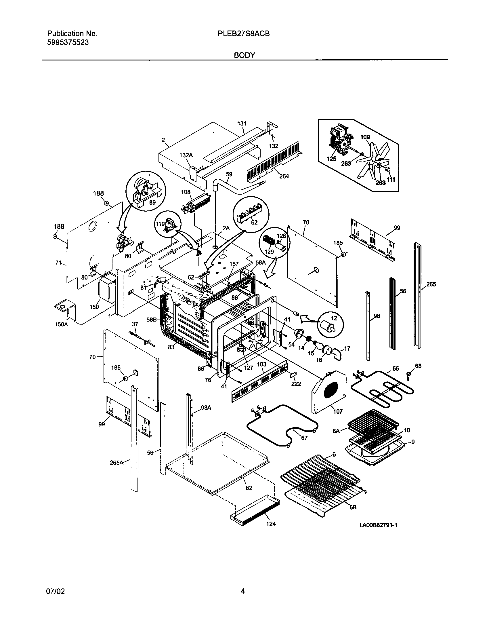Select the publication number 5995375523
tap(68, 43)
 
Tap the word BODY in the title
tap(244, 55)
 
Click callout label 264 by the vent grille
tap(284, 176)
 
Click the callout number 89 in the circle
tap(152, 202)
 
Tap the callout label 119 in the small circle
tap(160, 224)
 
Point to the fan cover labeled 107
tap(328, 392)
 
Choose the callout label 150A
tap(61, 324)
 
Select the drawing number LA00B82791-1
tap(378, 525)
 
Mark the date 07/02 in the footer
tap(56, 591)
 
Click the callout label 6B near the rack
tap(353, 515)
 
